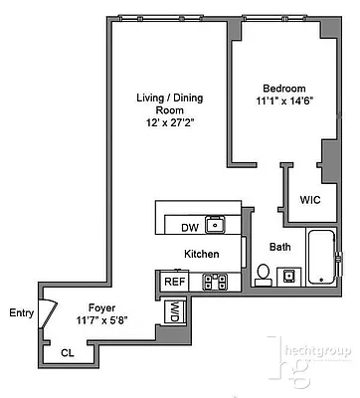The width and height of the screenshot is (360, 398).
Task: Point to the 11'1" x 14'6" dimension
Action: coord(278,101)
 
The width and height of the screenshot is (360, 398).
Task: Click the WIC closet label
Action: coord(311,199)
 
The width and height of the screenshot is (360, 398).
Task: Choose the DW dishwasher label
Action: coord(189,227)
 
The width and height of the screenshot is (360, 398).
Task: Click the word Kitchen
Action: coord(202,255)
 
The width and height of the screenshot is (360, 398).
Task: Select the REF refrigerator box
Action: coord(174,282)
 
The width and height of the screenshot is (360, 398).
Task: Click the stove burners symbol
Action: coord(215,282)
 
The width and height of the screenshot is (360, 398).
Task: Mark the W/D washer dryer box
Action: coord(173,312)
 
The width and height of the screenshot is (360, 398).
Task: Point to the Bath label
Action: coord(280,247)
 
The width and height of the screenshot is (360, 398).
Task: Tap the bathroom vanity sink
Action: coord(287,275)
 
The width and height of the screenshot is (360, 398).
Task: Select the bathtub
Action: coord(322,258)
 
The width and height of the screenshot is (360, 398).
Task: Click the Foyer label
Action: coord(102,307)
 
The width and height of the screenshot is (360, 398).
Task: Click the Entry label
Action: coord(21,313)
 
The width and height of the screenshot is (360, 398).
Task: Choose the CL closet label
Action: coord(68,352)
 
